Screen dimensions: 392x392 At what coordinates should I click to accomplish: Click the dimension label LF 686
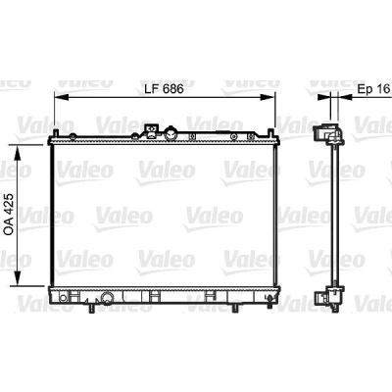165,88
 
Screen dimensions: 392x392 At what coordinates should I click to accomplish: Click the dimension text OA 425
9,215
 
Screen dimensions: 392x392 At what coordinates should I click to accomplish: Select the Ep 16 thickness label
373,89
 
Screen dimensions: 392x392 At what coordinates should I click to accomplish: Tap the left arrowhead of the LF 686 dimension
61,97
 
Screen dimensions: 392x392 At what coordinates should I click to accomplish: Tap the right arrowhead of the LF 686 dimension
268,97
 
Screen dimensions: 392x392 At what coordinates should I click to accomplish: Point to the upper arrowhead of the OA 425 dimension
18,153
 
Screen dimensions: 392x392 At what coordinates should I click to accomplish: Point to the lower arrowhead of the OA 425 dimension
18,278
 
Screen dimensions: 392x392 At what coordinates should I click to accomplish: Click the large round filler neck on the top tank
171,133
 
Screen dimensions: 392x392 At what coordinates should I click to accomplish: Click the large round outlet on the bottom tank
107,297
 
